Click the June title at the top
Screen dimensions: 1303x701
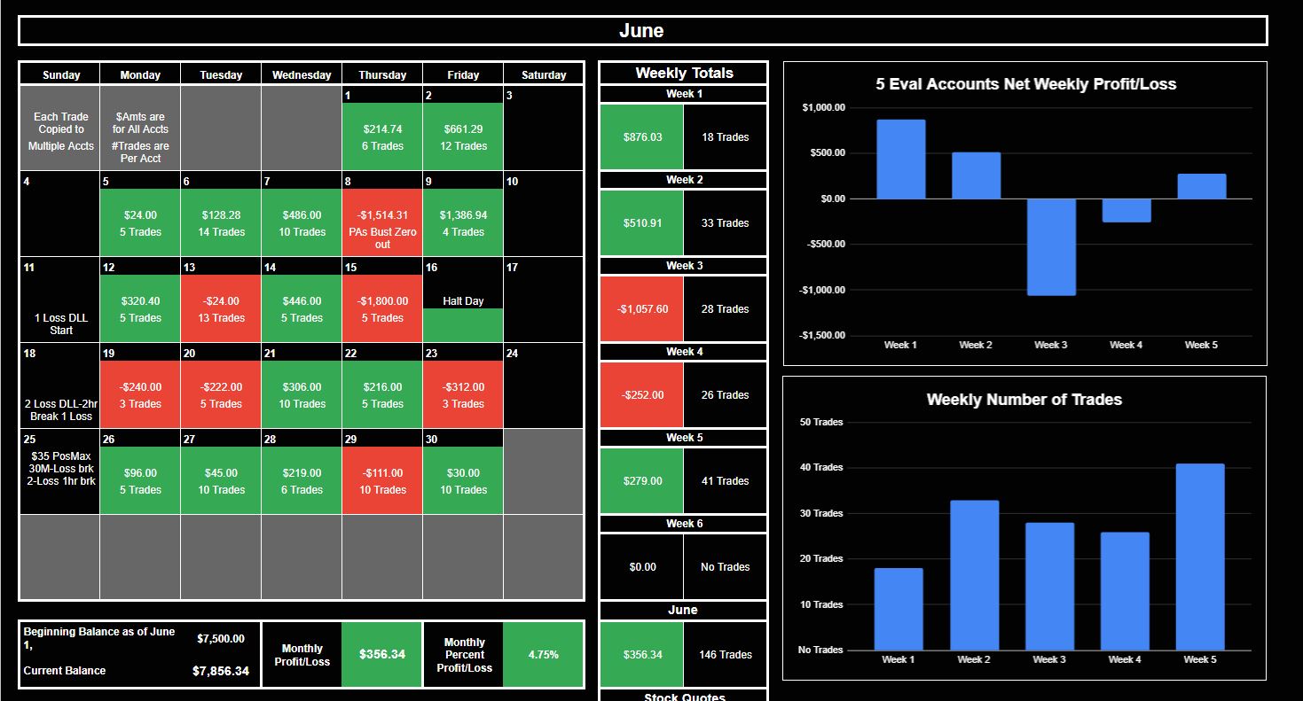pos(641,30)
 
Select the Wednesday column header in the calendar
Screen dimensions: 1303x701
pos(302,75)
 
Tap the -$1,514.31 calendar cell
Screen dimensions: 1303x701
pos(382,222)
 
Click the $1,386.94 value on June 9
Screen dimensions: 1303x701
pos(463,215)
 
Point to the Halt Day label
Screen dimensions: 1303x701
pos(463,301)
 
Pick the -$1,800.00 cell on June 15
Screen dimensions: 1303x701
pos(382,308)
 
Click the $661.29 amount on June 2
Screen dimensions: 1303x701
pos(463,129)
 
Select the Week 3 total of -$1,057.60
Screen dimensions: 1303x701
pos(642,308)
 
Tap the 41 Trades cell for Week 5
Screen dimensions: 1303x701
pos(725,480)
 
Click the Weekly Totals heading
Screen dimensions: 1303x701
pos(684,74)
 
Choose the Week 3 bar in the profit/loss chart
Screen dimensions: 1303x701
pos(1051,247)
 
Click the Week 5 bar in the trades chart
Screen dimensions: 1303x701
pos(1200,557)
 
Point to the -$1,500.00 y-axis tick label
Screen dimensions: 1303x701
pos(822,335)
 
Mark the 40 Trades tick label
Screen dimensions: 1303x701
pos(820,467)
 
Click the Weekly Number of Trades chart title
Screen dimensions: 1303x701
pos(1024,400)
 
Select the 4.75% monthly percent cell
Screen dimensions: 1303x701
pos(543,655)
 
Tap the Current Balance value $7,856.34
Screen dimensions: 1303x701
pos(221,671)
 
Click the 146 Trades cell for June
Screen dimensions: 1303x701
pos(725,655)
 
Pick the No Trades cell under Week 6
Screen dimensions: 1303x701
pos(725,566)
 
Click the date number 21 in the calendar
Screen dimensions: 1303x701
pos(270,354)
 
